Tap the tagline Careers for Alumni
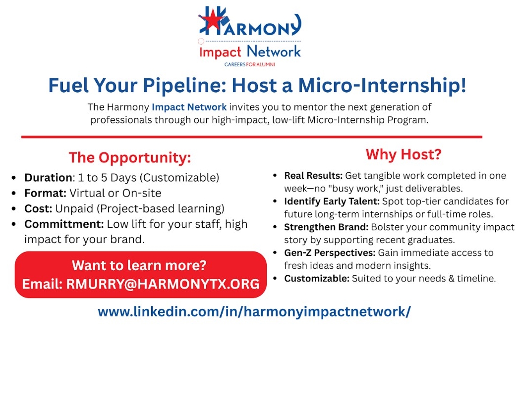[249, 64]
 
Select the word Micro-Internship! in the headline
[382, 85]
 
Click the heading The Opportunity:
[130, 158]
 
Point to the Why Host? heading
[404, 154]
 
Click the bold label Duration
[48, 178]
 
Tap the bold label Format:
[45, 193]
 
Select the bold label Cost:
[38, 208]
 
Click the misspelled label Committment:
[64, 224]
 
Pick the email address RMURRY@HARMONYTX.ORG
[163, 284]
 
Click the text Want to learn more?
[139, 265]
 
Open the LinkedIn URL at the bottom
[254, 312]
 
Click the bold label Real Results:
[313, 176]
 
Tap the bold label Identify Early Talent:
[332, 201]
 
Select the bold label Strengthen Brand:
[326, 227]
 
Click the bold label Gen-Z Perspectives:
[330, 253]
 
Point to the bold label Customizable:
[317, 278]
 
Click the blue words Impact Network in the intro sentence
[189, 107]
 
